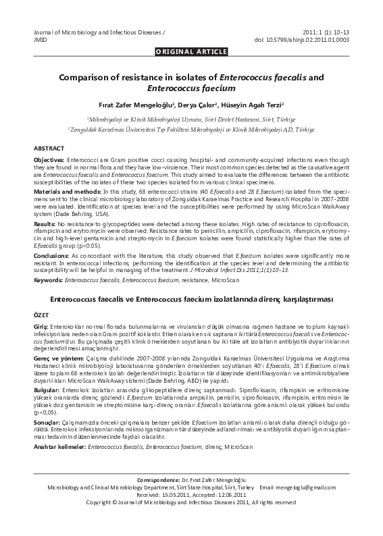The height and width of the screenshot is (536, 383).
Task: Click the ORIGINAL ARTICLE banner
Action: tap(191, 51)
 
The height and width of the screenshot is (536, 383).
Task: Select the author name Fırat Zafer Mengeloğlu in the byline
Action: tap(136, 105)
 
